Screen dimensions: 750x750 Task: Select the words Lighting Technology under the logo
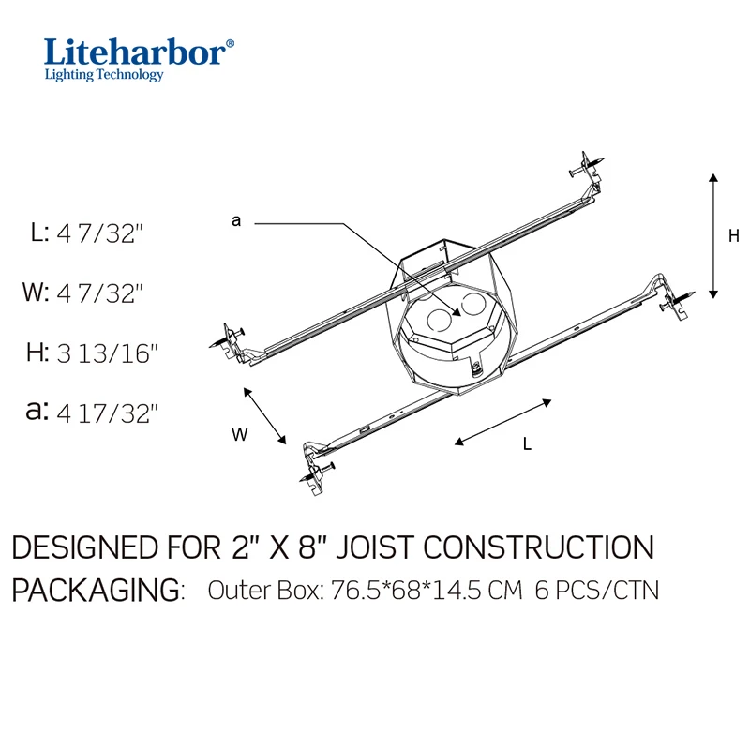104,76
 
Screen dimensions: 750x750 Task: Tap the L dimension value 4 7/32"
101,233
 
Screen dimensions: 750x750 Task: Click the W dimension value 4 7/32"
101,293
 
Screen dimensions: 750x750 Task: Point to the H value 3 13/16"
109,353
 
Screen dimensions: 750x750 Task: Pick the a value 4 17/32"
109,412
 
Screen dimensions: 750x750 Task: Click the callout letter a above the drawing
236,220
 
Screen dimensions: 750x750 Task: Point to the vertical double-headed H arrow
714,236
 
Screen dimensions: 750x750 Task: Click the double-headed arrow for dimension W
264,414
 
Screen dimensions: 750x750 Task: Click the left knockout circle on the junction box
438,318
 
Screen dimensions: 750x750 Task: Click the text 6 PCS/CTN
597,592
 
